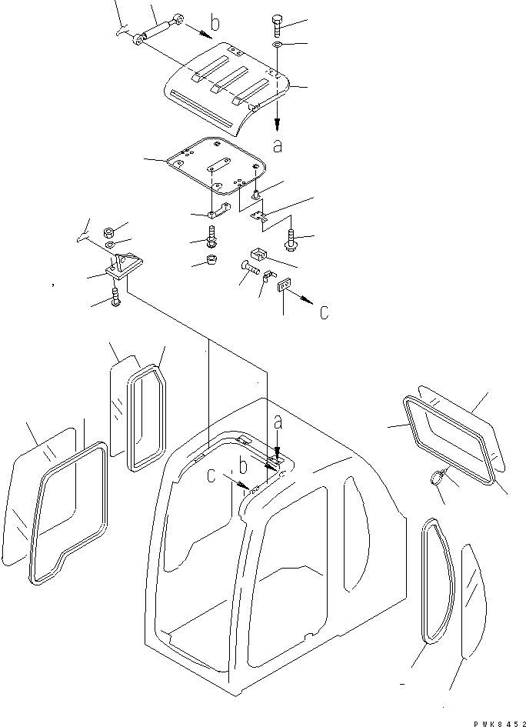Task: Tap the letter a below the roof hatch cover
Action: [277, 145]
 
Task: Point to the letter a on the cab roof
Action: [277, 422]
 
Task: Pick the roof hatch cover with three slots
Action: [227, 85]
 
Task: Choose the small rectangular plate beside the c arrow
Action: [283, 285]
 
